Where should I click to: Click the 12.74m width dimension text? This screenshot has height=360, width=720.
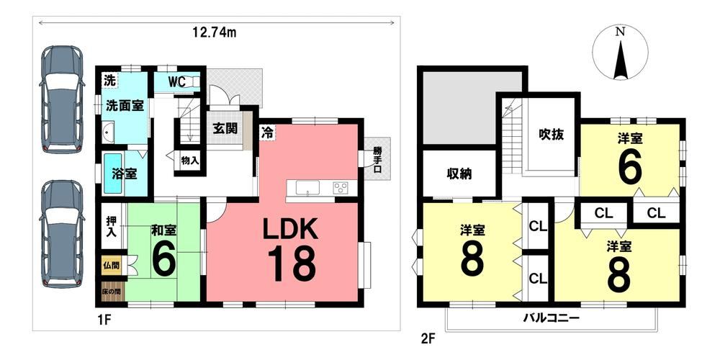point(215,32)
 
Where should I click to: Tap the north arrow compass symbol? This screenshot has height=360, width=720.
point(621,53)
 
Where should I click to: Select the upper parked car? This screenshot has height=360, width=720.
point(62,99)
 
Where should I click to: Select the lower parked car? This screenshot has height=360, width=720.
point(62,234)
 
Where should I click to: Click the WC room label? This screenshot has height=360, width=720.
point(176,82)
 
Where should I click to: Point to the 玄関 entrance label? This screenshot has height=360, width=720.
point(225,128)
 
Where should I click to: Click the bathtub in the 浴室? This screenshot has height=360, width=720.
point(112,174)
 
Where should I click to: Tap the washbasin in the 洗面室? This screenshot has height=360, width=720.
point(109,132)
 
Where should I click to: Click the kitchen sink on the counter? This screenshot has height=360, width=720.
point(307,187)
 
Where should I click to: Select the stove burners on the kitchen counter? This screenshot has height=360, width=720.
point(341,187)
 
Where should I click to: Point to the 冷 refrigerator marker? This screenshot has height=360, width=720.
point(267,132)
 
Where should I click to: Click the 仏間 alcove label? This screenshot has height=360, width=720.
point(111,265)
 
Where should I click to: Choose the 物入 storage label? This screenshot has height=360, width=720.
point(189,161)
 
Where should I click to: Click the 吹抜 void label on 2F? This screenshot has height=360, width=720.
point(551,135)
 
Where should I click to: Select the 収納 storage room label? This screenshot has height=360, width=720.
point(459,174)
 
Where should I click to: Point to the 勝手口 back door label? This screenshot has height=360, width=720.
point(377,159)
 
